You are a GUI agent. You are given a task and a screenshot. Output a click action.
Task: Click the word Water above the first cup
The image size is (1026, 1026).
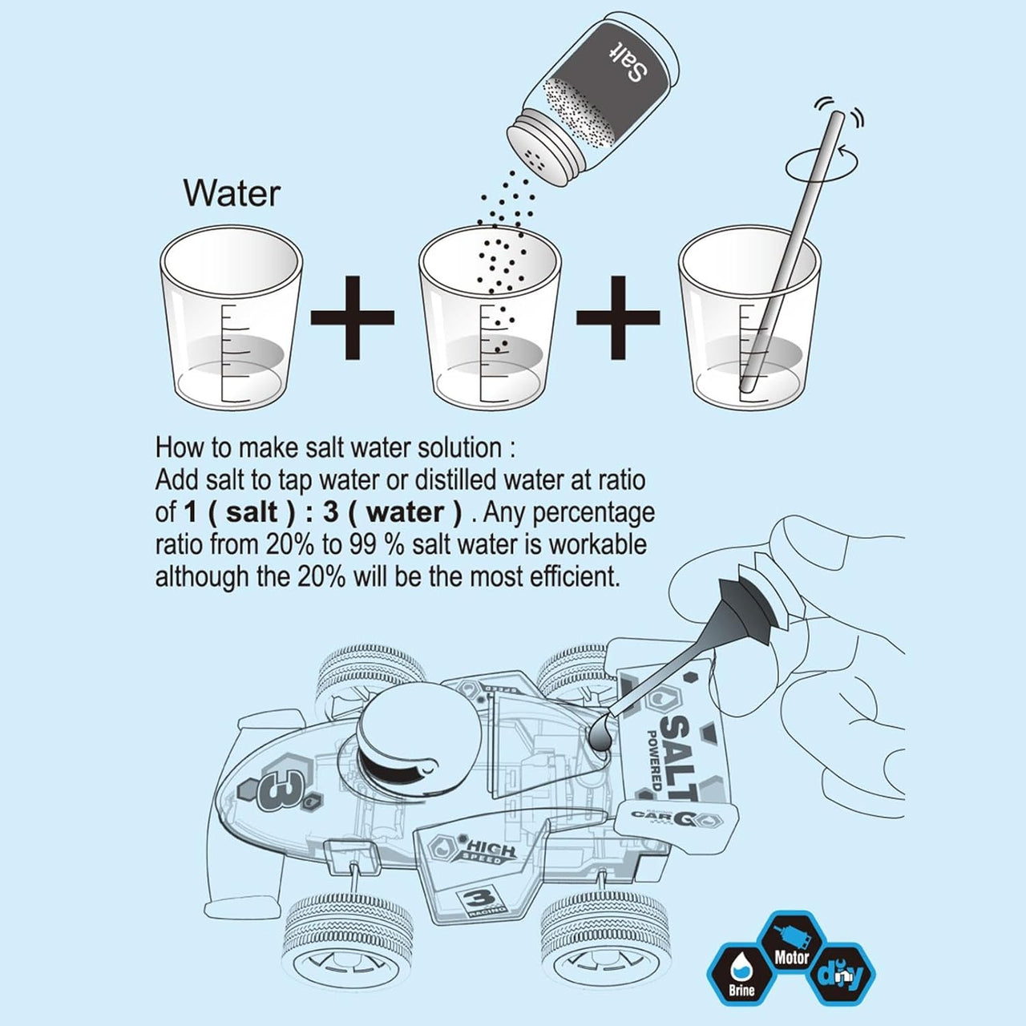232,193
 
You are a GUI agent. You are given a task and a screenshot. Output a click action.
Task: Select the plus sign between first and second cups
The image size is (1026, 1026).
352,317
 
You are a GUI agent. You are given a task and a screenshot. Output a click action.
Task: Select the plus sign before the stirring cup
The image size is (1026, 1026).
618,317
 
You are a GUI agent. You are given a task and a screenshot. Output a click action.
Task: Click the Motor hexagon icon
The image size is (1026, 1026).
792,947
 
